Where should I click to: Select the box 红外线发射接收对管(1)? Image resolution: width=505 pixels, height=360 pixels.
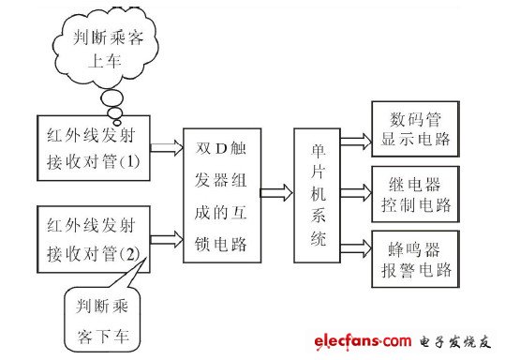pos(90,148)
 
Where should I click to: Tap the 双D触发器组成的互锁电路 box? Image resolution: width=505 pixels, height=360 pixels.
pos(222,192)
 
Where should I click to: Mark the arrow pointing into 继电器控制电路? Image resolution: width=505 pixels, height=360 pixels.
pos(355,194)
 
